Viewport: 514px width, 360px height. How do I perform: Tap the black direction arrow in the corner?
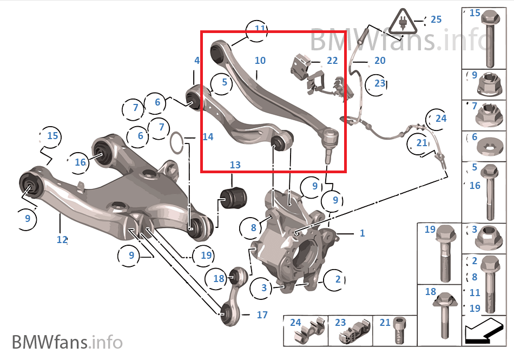[484, 330]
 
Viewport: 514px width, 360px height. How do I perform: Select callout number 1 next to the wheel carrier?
[362, 233]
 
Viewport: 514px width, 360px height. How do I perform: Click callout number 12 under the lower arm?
[62, 239]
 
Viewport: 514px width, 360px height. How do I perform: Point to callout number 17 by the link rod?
[262, 315]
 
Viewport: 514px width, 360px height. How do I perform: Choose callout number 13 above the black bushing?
[234, 165]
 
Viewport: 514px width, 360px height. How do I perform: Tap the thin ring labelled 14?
[176, 143]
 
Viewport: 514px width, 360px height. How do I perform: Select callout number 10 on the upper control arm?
[260, 60]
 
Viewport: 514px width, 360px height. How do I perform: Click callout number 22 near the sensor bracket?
[332, 60]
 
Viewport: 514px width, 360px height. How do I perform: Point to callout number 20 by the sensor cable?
[380, 60]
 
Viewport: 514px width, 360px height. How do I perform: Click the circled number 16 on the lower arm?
[80, 162]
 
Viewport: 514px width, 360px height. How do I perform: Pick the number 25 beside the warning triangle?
[436, 19]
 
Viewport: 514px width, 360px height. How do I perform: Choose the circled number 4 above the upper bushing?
[197, 61]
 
